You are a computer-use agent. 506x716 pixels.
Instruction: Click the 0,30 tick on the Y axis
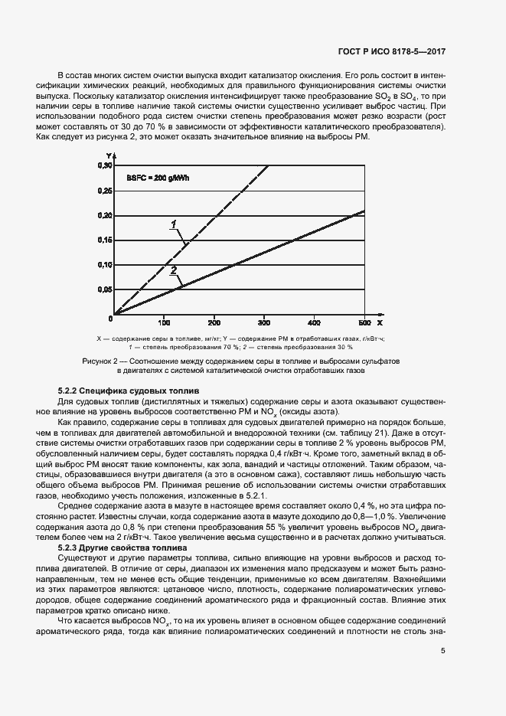[104, 165]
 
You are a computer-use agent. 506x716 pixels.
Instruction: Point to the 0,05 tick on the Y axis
[104, 289]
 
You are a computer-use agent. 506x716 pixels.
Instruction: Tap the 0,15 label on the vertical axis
[104, 240]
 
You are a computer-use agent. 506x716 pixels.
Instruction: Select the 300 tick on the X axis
[264, 322]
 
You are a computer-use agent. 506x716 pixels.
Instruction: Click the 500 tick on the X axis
[364, 322]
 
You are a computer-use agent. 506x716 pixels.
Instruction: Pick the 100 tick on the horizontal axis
[164, 322]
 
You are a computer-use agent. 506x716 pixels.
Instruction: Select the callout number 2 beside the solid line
[174, 270]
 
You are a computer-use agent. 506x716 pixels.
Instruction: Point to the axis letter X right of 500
[380, 322]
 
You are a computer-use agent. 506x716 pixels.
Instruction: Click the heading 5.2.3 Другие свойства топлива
[122, 549]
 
